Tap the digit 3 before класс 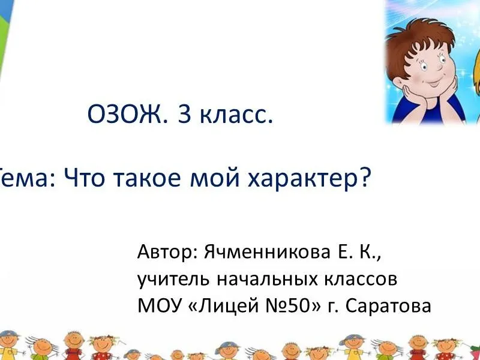(x=185, y=114)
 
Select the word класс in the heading (x=236, y=116)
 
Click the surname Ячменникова (x=267, y=252)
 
